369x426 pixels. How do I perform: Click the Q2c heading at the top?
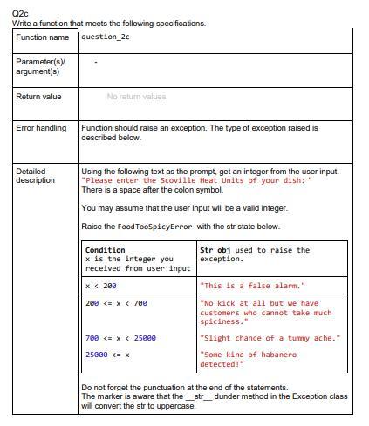21,14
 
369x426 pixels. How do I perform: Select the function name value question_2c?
106,37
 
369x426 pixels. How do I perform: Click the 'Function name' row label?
42,37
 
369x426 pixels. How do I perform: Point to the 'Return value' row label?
39,97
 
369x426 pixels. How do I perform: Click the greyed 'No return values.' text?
137,97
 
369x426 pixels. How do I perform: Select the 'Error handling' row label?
41,128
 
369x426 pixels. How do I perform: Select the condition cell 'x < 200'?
100,286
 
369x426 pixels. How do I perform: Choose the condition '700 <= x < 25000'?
120,338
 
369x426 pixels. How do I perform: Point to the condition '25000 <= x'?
107,355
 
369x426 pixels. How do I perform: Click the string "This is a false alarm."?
252,286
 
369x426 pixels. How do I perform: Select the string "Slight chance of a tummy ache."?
270,338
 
